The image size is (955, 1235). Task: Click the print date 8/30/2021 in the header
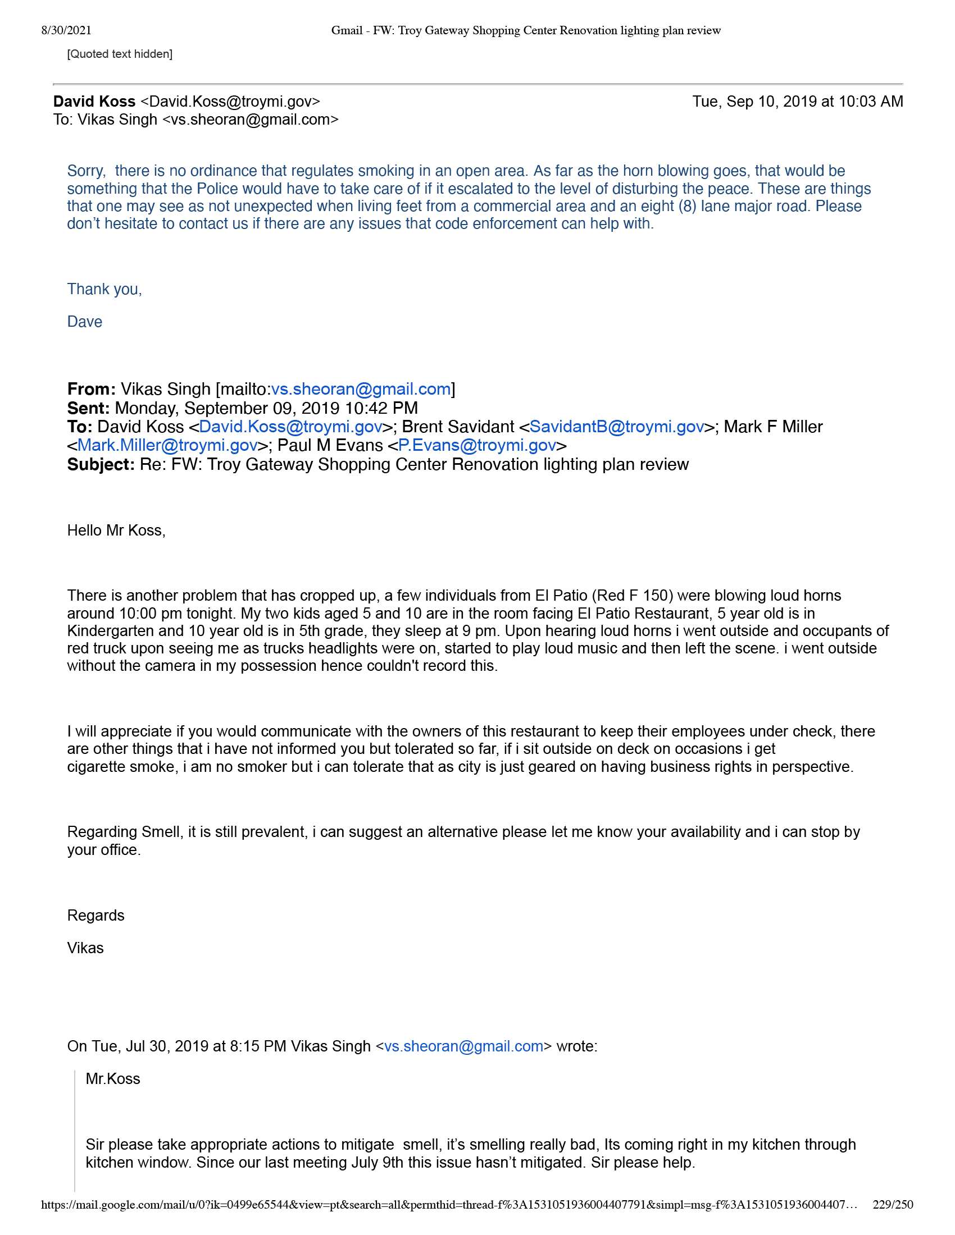tap(66, 30)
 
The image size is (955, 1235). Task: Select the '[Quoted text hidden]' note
tap(119, 54)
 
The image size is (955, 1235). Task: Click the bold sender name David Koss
tap(94, 102)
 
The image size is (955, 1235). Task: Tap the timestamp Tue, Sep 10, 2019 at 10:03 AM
tap(797, 102)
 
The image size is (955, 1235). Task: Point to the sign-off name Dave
tap(84, 322)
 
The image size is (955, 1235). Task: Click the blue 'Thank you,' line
tap(104, 289)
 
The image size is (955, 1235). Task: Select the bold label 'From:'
tap(91, 389)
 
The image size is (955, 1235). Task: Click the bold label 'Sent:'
tap(88, 408)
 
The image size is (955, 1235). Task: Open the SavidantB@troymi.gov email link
tap(617, 427)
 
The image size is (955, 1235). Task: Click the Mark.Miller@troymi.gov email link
tap(167, 446)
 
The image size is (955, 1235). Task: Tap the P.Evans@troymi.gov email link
tap(477, 446)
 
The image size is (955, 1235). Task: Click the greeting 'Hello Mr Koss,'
tap(116, 530)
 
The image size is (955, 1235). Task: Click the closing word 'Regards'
tap(95, 916)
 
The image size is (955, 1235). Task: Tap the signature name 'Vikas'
tap(85, 948)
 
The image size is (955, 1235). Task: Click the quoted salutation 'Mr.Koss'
tap(112, 1079)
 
